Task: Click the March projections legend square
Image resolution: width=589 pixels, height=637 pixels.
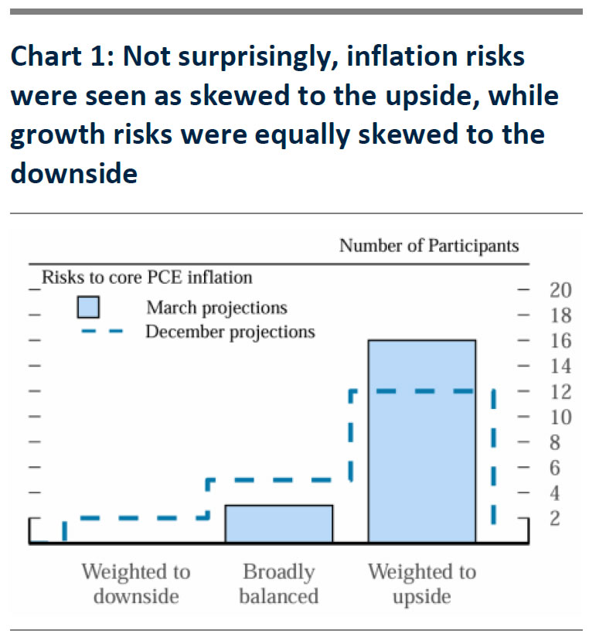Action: [88, 308]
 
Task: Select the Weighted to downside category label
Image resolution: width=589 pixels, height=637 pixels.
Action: [135, 584]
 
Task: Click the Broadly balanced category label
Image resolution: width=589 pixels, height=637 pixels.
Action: [278, 584]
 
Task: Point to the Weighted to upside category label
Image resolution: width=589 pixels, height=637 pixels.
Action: [421, 584]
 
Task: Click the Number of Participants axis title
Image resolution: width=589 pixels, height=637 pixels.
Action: [429, 247]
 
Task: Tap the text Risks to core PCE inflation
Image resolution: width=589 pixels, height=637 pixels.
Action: [147, 277]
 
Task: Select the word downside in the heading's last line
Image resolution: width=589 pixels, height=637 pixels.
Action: [74, 172]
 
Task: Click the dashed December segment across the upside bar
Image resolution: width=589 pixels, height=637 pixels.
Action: [421, 392]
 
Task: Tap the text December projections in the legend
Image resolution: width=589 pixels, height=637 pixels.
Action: [230, 332]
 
